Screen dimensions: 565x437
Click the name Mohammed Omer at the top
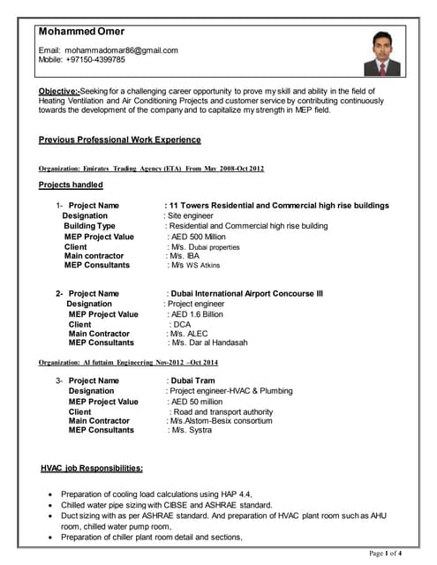(x=81, y=31)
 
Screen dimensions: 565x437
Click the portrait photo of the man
(x=380, y=55)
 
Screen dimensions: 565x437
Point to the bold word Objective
(x=59, y=91)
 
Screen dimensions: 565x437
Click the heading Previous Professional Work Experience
(x=120, y=139)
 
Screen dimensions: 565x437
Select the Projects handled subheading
(x=71, y=185)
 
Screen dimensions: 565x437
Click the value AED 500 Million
(x=197, y=237)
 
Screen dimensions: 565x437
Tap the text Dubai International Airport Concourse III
(x=247, y=293)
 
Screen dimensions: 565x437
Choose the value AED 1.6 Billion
(x=196, y=314)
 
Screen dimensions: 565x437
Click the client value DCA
(x=182, y=325)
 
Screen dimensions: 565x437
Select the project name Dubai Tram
(x=192, y=380)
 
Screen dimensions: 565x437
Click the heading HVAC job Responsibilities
(x=92, y=468)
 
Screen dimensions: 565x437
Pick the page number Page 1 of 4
(x=385, y=554)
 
